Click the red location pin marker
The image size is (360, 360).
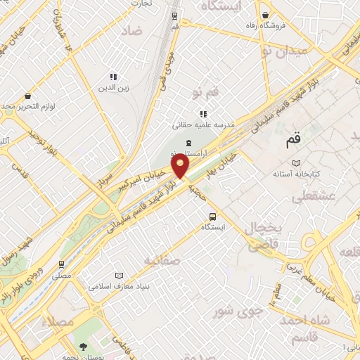(x=181, y=166)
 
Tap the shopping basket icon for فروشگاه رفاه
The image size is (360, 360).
(x=265, y=15)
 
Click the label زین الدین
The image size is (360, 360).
(x=112, y=89)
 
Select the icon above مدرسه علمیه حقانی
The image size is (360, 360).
(x=203, y=113)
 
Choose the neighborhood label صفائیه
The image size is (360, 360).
(x=162, y=260)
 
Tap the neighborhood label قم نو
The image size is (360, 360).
(x=205, y=92)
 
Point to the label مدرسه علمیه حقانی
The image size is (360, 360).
(x=203, y=125)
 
